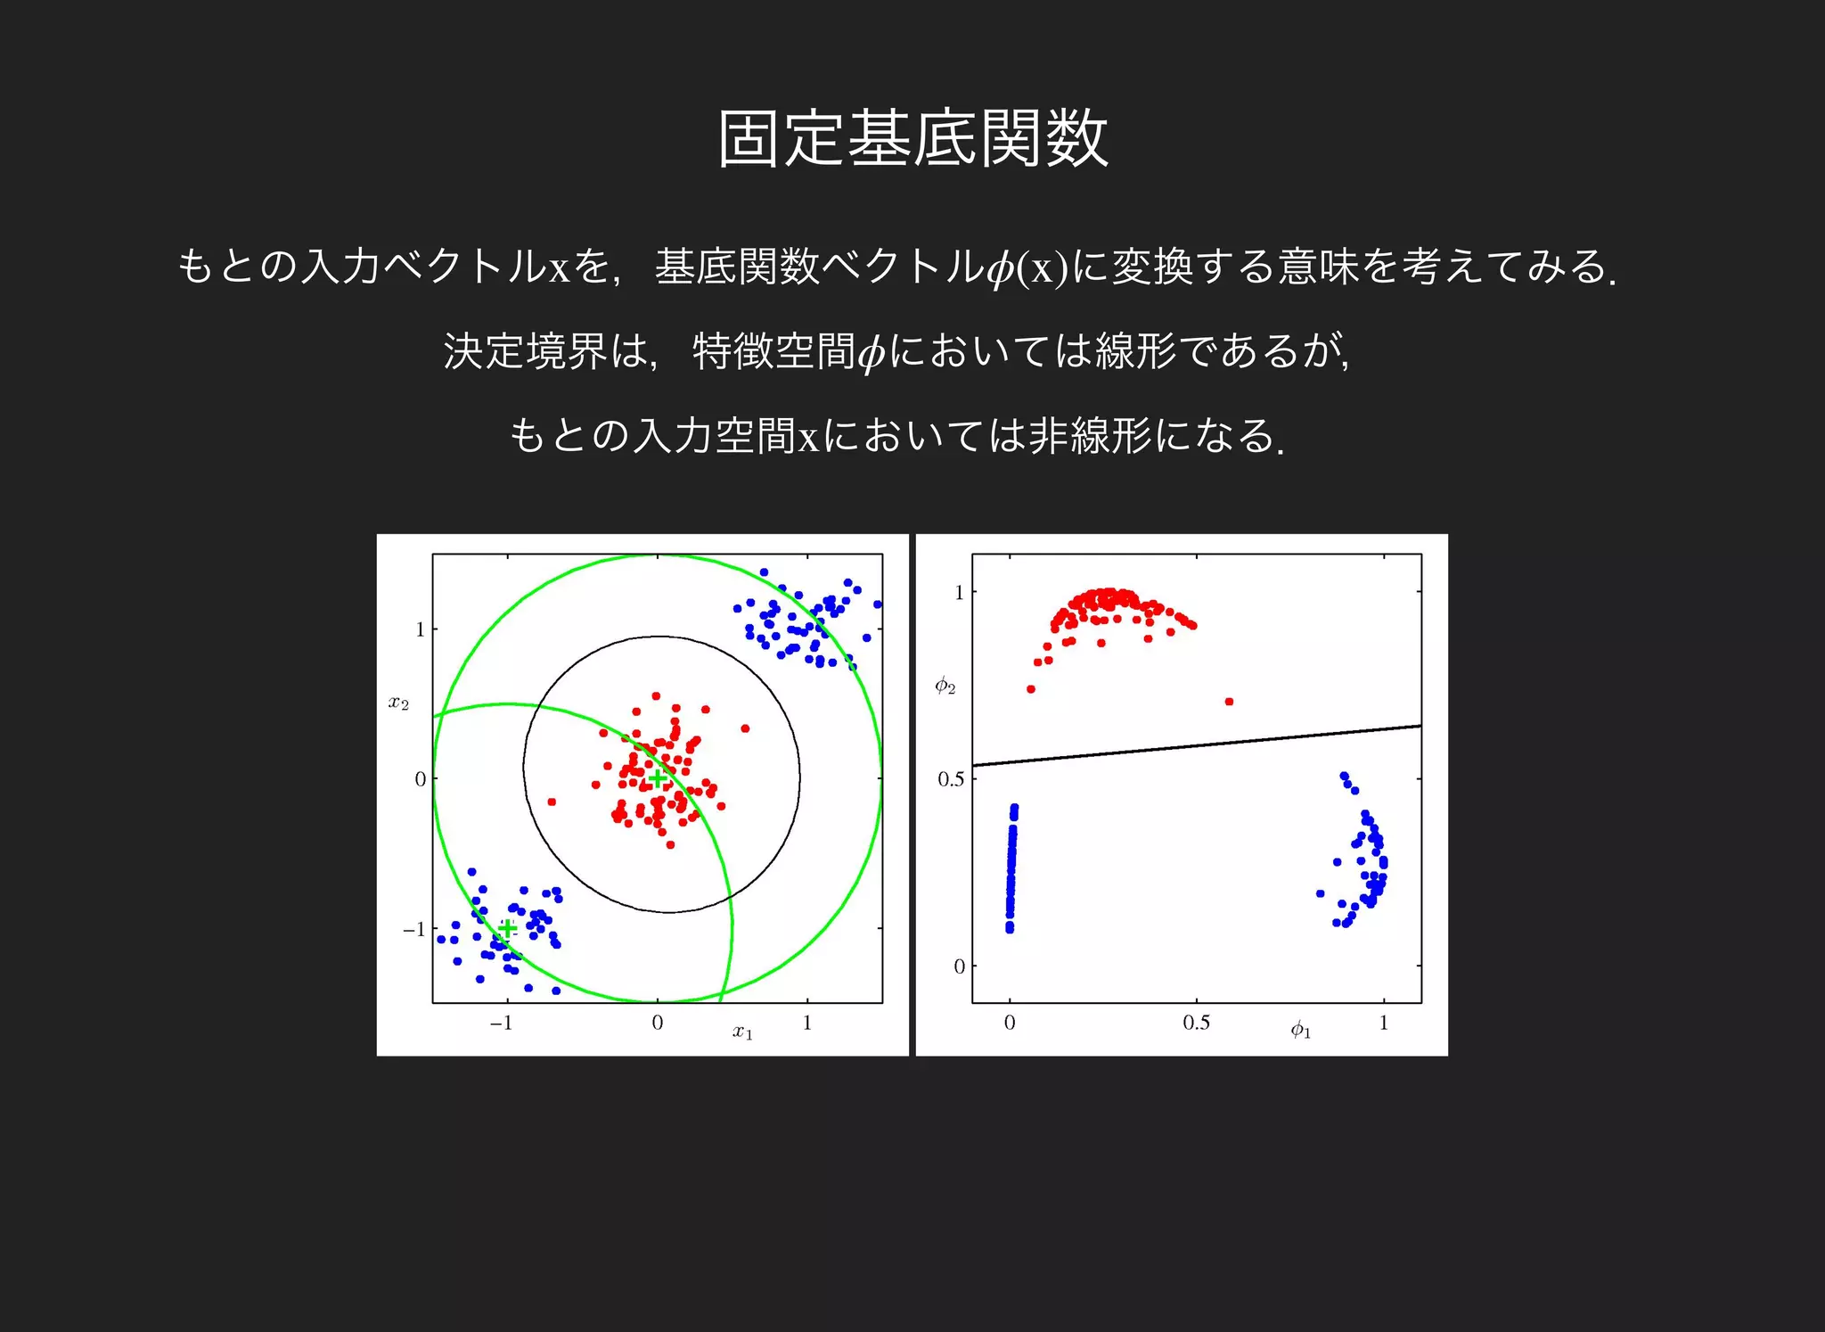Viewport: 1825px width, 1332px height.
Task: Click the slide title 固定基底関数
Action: tap(912, 139)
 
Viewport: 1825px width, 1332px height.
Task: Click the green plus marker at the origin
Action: tap(657, 779)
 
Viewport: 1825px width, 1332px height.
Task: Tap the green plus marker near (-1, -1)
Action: tap(507, 929)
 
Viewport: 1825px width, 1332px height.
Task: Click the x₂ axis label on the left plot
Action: tap(398, 703)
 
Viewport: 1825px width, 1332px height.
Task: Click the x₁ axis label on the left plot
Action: tap(743, 1032)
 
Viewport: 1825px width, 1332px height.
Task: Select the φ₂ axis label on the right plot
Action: tap(945, 686)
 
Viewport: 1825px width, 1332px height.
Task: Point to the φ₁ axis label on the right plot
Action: tap(1301, 1031)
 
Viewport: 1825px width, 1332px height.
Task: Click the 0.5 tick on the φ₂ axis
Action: tap(950, 779)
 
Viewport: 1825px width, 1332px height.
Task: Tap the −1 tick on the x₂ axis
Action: tap(414, 929)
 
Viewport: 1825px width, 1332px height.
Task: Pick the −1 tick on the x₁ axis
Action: tap(502, 1024)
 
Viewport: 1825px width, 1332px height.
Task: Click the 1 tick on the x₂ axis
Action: tap(420, 629)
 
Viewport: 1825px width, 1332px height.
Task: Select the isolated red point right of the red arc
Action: tap(1230, 702)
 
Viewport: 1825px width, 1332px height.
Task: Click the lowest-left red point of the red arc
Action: tap(1031, 689)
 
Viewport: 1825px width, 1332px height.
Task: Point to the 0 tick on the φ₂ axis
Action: tap(959, 966)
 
